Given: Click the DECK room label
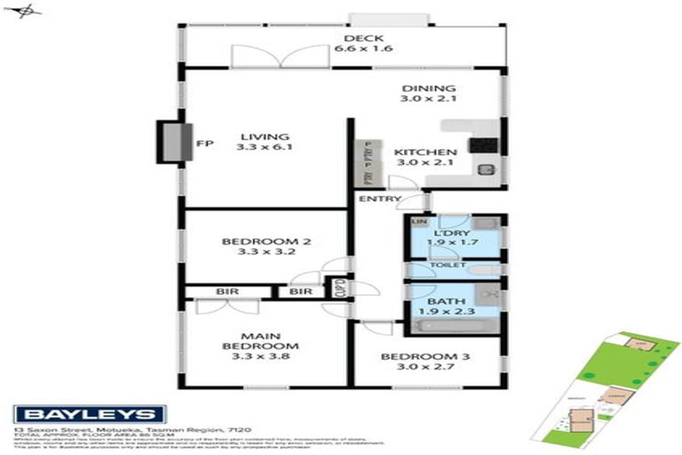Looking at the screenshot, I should tap(362, 38).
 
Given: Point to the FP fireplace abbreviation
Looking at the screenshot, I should tap(202, 141).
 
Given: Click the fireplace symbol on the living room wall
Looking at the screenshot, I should tap(169, 141).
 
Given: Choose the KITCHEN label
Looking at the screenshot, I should tap(425, 152).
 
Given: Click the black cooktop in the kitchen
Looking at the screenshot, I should tap(485, 144).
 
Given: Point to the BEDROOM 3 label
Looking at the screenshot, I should tap(425, 358).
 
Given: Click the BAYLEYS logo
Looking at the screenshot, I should tap(89, 413).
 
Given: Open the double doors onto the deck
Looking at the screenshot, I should tap(280, 55).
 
